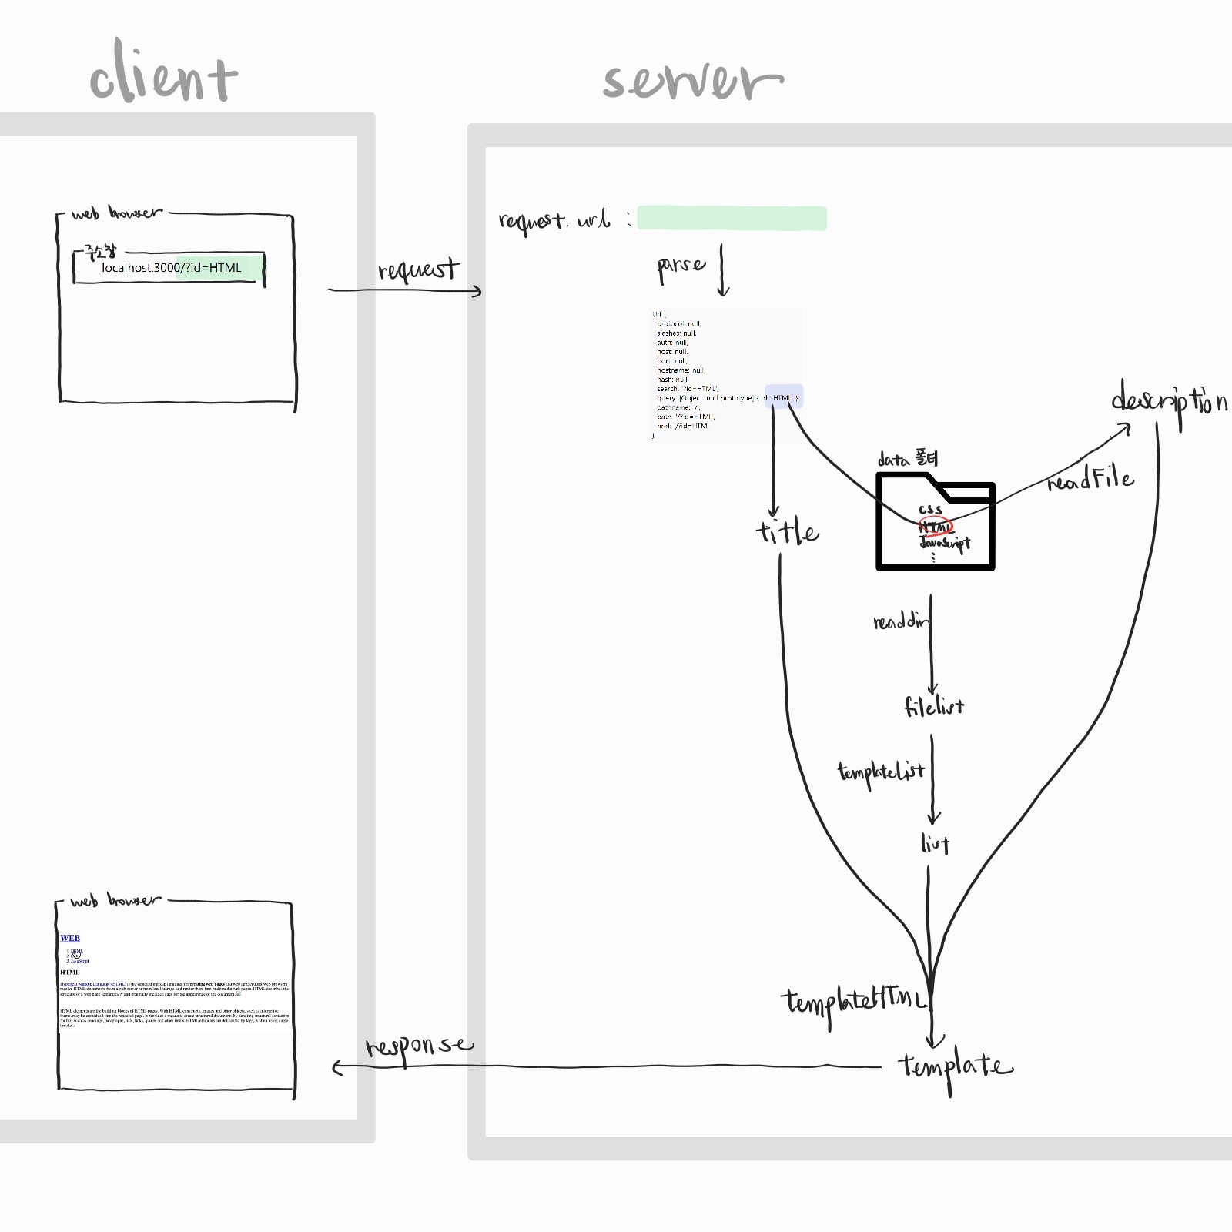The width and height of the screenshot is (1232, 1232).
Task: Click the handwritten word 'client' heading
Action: tap(163, 74)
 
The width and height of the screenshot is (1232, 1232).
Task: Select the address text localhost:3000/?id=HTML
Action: tap(172, 268)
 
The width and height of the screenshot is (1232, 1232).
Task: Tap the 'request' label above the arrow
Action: tap(418, 269)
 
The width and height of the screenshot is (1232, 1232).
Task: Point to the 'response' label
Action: tap(419, 1046)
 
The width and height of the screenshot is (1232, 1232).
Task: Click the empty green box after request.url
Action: tap(731, 218)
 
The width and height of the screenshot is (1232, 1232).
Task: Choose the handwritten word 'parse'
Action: tap(681, 266)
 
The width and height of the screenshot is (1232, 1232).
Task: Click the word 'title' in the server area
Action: tap(787, 531)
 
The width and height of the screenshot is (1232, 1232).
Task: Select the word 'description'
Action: tap(1169, 401)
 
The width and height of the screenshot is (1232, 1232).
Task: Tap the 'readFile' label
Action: tap(1090, 480)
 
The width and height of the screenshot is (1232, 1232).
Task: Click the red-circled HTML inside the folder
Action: tap(936, 527)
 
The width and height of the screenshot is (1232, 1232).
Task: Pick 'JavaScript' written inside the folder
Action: tap(945, 543)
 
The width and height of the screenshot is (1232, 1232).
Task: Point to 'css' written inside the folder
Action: tap(930, 509)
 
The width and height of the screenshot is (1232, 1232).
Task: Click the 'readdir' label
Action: tap(900, 621)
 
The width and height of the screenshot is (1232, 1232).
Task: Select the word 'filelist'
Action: tap(933, 706)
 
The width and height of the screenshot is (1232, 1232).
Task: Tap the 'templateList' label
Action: tap(881, 772)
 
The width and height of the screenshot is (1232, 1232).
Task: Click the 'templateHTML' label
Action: tap(855, 1002)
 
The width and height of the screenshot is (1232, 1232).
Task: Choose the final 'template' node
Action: tap(955, 1066)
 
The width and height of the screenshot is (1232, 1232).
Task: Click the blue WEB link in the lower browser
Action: tap(70, 938)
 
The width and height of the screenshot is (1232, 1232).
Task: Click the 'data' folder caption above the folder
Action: tap(908, 460)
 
